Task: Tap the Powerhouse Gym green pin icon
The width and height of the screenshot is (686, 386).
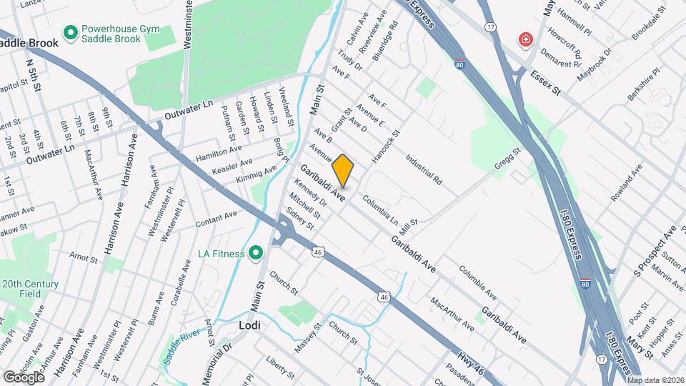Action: coord(70,32)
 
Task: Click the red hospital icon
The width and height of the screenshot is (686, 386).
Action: coord(526,39)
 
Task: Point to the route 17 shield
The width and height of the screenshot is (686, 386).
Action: coord(490,26)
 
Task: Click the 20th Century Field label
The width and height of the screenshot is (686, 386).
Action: coord(30,288)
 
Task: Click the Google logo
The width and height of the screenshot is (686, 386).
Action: coord(24,377)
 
